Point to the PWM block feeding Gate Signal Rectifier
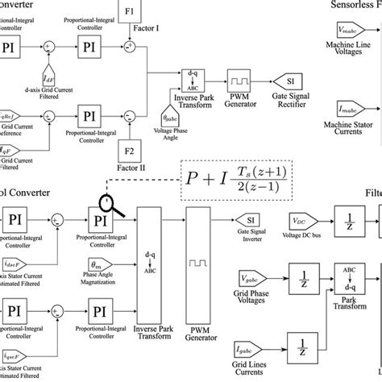(239, 81)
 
